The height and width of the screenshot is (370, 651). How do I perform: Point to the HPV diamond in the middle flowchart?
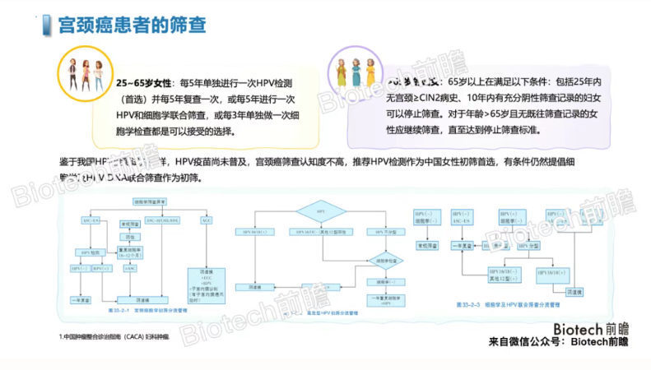(322, 210)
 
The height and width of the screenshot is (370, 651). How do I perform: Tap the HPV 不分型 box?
(374, 233)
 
